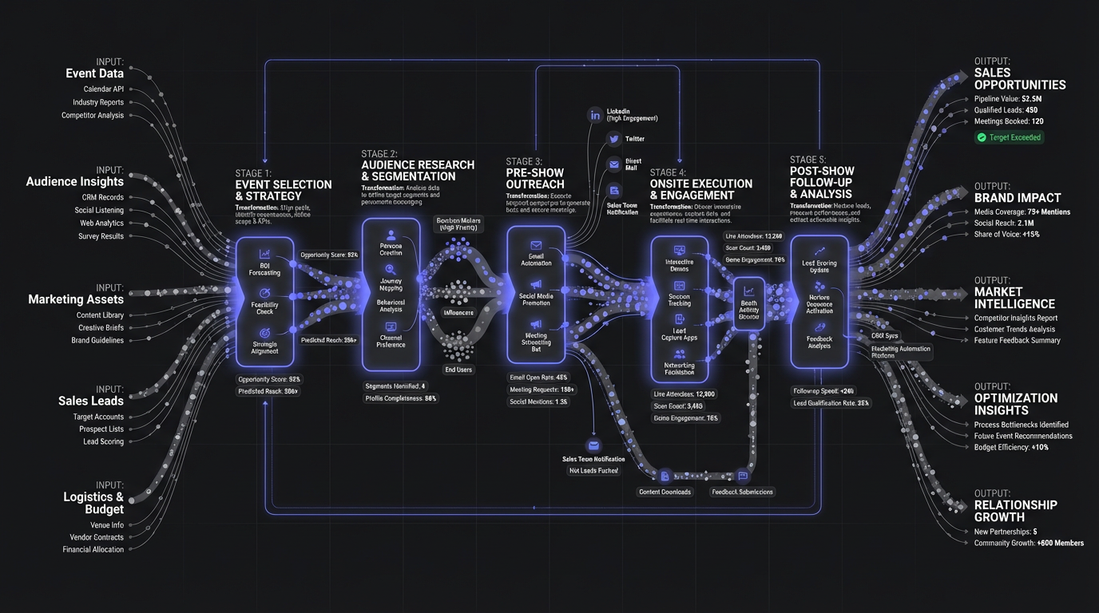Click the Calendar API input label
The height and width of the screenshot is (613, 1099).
(104, 89)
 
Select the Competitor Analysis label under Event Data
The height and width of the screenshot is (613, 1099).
(93, 115)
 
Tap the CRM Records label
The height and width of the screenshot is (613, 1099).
(102, 197)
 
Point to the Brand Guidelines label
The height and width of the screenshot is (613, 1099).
(97, 340)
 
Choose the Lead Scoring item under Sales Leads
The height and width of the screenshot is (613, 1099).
(103, 441)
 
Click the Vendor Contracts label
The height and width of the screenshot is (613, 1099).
(95, 537)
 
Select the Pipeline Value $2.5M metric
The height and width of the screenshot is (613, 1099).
(1007, 99)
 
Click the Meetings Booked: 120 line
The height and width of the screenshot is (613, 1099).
(1008, 121)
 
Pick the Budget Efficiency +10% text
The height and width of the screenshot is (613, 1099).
(1011, 447)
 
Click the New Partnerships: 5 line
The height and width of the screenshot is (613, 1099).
(1006, 532)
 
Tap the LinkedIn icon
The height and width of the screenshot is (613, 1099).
(594, 115)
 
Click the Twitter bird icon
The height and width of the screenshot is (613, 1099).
(613, 139)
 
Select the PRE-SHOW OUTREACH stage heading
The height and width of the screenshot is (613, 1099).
(534, 178)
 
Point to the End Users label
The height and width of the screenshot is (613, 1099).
(458, 370)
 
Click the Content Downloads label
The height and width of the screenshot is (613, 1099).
(665, 492)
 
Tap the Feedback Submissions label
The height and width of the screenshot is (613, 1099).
(742, 492)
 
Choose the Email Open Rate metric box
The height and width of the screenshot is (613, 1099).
(538, 377)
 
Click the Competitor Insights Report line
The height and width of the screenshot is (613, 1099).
(1015, 318)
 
